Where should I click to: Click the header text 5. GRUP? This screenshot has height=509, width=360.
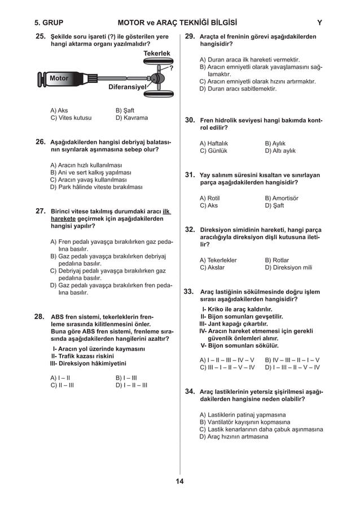click(49, 23)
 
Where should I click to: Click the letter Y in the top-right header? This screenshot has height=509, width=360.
click(319, 23)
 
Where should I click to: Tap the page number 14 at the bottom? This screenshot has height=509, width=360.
click(179, 481)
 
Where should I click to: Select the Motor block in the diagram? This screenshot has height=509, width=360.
click(57, 78)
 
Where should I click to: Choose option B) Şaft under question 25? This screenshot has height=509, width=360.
click(125, 111)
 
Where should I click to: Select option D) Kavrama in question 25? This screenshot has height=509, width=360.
click(131, 119)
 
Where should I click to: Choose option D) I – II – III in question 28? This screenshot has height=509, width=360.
click(131, 385)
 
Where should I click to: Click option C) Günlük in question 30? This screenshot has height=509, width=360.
click(213, 151)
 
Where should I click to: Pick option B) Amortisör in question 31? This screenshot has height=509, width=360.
click(282, 199)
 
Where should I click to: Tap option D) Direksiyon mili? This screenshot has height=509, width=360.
click(288, 267)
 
